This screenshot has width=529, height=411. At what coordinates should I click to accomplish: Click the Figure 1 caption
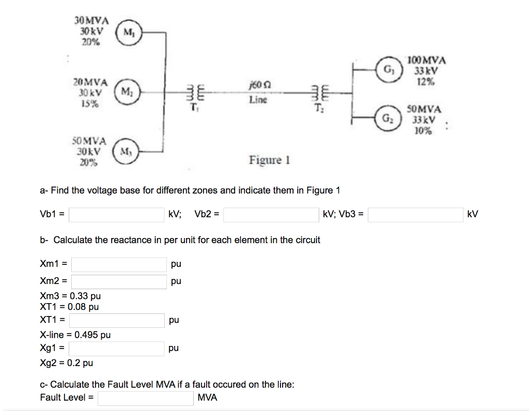click(269, 160)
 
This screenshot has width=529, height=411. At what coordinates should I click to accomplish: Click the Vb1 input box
click(117, 214)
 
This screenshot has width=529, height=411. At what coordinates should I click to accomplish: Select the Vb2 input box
click(271, 214)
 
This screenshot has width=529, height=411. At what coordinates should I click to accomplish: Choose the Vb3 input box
click(415, 214)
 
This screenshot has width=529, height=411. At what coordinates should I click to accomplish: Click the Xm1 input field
click(119, 264)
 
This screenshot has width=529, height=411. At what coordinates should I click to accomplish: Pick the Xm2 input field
click(119, 281)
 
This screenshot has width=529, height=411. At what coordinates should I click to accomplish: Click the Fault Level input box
click(146, 398)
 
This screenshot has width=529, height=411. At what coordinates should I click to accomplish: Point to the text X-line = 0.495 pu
click(75, 335)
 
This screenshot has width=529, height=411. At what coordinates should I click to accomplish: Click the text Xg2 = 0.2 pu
click(66, 362)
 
